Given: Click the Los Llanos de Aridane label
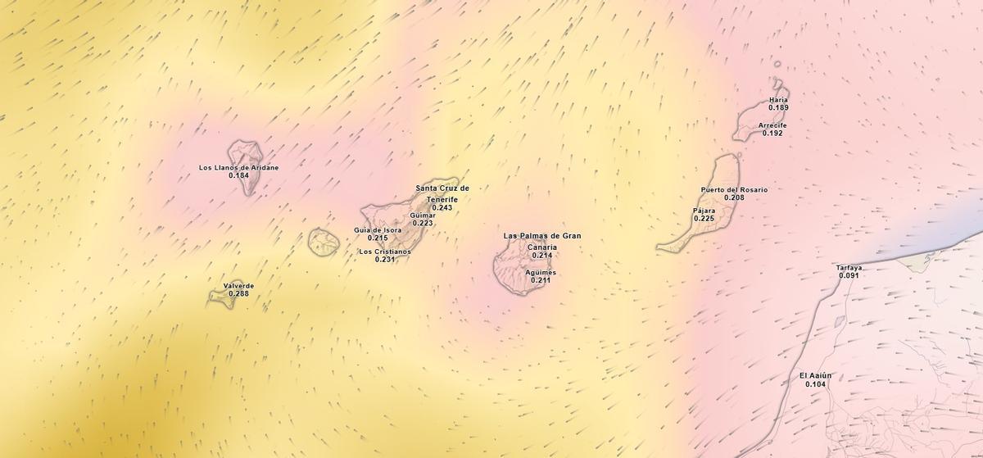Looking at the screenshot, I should click(x=238, y=168).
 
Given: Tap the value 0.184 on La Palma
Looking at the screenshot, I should click(x=238, y=176).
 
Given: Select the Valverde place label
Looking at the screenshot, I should click(x=238, y=286).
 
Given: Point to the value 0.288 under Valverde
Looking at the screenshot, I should click(x=238, y=294).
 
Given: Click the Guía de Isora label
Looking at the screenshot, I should click(x=378, y=230).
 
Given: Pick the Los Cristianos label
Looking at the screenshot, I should click(x=385, y=252).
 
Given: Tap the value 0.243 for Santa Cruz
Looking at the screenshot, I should click(x=442, y=208).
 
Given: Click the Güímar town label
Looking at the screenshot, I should click(x=423, y=215).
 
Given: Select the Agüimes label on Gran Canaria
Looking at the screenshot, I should click(x=541, y=273).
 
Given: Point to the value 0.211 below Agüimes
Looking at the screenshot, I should click(x=541, y=281).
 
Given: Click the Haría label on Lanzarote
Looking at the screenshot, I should click(x=778, y=100).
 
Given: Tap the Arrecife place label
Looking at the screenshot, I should click(x=772, y=125).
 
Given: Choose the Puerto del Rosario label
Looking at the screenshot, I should click(x=734, y=190).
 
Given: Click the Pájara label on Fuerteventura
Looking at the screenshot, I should click(x=704, y=211).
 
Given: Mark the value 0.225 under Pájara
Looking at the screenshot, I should click(x=704, y=219).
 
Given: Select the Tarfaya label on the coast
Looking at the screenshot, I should click(x=849, y=268).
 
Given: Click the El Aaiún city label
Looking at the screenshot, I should click(x=816, y=376).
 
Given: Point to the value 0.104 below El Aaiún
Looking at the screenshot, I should click(x=816, y=384).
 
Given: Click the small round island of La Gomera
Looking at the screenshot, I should click(x=324, y=242).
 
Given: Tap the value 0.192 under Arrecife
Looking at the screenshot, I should click(x=772, y=134).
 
